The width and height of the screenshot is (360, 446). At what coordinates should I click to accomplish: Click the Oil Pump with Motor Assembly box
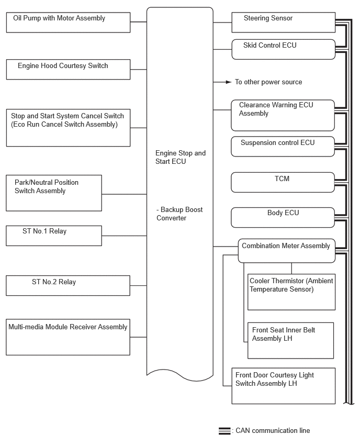coord(68,23)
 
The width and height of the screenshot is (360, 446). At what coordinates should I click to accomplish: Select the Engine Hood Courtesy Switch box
coord(68,69)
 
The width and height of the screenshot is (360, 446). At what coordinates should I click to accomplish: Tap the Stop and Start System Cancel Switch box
coord(68,128)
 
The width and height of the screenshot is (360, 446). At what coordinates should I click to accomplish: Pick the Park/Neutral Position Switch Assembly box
coord(54,193)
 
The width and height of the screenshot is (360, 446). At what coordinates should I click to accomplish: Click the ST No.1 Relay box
coord(54,236)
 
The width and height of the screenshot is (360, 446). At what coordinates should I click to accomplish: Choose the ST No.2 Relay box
coord(68,285)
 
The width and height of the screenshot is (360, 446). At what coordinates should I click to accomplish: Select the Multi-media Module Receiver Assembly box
coord(68,337)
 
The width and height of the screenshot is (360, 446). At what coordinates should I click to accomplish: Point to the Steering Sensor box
coord(283,23)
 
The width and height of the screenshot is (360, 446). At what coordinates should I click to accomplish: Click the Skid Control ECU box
coord(283,49)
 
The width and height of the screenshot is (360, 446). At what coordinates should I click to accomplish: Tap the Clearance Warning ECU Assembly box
coord(283,115)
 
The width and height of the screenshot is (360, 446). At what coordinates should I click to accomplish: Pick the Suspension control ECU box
coord(283,146)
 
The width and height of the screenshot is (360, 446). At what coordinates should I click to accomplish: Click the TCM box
coord(283,182)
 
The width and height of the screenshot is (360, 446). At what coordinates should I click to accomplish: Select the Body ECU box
coord(283,217)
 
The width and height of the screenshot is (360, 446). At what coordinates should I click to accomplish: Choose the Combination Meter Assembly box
coord(286,250)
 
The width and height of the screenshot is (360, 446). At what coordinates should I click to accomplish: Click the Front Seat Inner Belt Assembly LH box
coord(290,340)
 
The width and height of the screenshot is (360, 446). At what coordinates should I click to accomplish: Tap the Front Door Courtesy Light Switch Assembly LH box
coord(283,386)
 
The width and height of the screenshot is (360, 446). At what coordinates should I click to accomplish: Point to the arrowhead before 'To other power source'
coord(228,82)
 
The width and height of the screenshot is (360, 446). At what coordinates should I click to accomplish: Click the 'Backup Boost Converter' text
coord(179,214)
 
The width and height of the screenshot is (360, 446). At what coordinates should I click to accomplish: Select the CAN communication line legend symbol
coord(224,431)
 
